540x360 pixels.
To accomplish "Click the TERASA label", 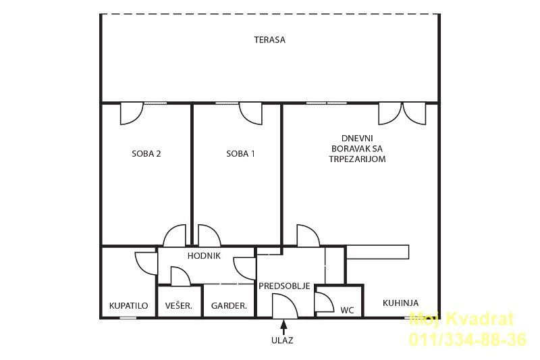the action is (x=269, y=40).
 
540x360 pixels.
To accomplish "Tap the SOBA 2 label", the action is (x=146, y=153).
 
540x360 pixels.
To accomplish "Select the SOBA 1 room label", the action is (x=241, y=153).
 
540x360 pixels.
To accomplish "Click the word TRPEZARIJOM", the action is (x=357, y=159).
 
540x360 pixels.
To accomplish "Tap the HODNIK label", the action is (x=204, y=255).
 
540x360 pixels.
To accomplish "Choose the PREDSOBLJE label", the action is (x=284, y=286).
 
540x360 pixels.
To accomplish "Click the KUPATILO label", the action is (x=128, y=305).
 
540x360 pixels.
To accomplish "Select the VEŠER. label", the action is (x=178, y=305).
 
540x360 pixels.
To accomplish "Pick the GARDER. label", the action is (x=229, y=305).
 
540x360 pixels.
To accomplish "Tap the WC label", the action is (x=347, y=311).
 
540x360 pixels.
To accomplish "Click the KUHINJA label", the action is (x=400, y=303).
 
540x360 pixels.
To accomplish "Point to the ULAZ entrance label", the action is (x=282, y=340).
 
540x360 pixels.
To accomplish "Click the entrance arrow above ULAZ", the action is (x=283, y=328).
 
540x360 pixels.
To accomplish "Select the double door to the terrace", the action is (x=402, y=113).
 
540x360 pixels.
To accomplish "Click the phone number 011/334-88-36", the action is (x=468, y=339).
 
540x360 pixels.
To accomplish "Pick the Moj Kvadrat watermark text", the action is (x=462, y=319).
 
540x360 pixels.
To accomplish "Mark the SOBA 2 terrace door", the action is (x=132, y=113).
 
